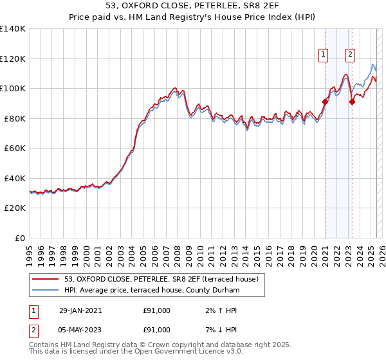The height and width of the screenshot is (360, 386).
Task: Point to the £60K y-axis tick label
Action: click(15, 148)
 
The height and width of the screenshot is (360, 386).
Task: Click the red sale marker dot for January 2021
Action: click(325, 102)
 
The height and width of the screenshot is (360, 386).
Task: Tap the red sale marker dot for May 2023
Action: click(352, 102)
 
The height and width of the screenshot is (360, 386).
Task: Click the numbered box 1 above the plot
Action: click(322, 55)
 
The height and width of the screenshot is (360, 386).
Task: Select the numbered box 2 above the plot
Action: click(350, 55)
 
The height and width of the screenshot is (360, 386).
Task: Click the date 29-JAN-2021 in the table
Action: click(80, 310)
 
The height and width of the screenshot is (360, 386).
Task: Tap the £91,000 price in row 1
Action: click(156, 310)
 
